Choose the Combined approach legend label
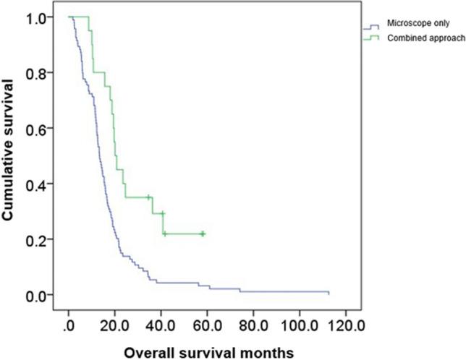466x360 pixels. [420, 37]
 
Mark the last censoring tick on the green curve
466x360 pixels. [203, 233]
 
